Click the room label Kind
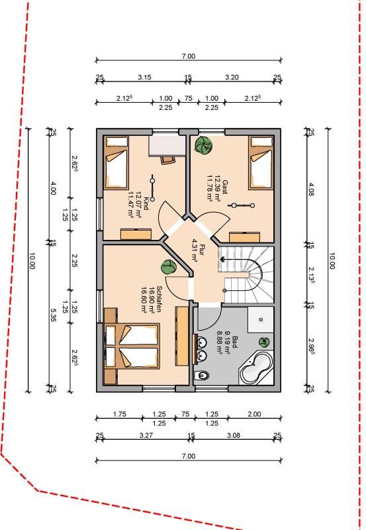(x=146, y=205)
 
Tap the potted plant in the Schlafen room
(x=167, y=268)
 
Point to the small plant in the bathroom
(x=265, y=343)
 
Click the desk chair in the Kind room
(x=166, y=159)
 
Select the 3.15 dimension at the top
(x=144, y=78)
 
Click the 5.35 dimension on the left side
(x=54, y=317)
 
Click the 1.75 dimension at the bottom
(x=119, y=414)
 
